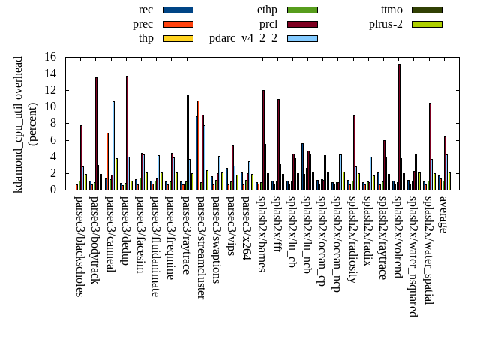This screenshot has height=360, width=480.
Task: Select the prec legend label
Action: click(142, 24)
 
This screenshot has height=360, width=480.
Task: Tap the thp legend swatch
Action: click(178, 38)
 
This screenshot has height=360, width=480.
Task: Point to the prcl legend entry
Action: click(268, 24)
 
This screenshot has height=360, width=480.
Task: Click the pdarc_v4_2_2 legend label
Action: click(243, 38)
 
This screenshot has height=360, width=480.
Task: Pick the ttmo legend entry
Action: click(391, 10)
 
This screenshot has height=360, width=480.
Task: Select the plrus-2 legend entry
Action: click(385, 24)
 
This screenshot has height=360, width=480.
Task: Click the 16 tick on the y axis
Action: click(50, 57)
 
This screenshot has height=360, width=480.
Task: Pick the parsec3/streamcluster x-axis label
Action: click(201, 247)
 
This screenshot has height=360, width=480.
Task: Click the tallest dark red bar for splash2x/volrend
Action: click(399, 127)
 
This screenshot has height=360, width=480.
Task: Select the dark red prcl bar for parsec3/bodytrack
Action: click(96, 133)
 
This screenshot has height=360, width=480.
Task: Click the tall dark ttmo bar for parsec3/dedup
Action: click(127, 133)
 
